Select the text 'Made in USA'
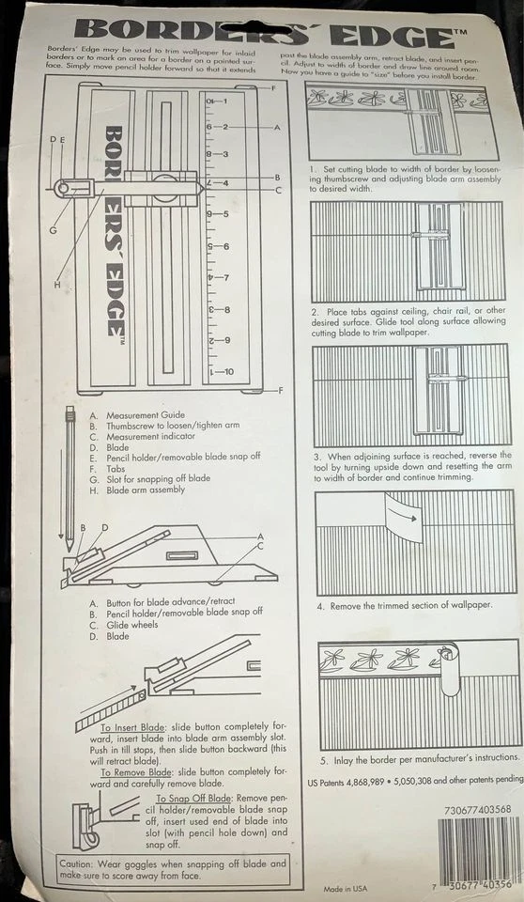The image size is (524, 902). [x=346, y=888]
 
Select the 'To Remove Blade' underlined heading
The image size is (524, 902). [x=139, y=771]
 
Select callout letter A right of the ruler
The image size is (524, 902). [x=277, y=126]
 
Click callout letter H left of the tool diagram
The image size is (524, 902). [x=57, y=285]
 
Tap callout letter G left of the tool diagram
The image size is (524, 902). [x=54, y=229]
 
